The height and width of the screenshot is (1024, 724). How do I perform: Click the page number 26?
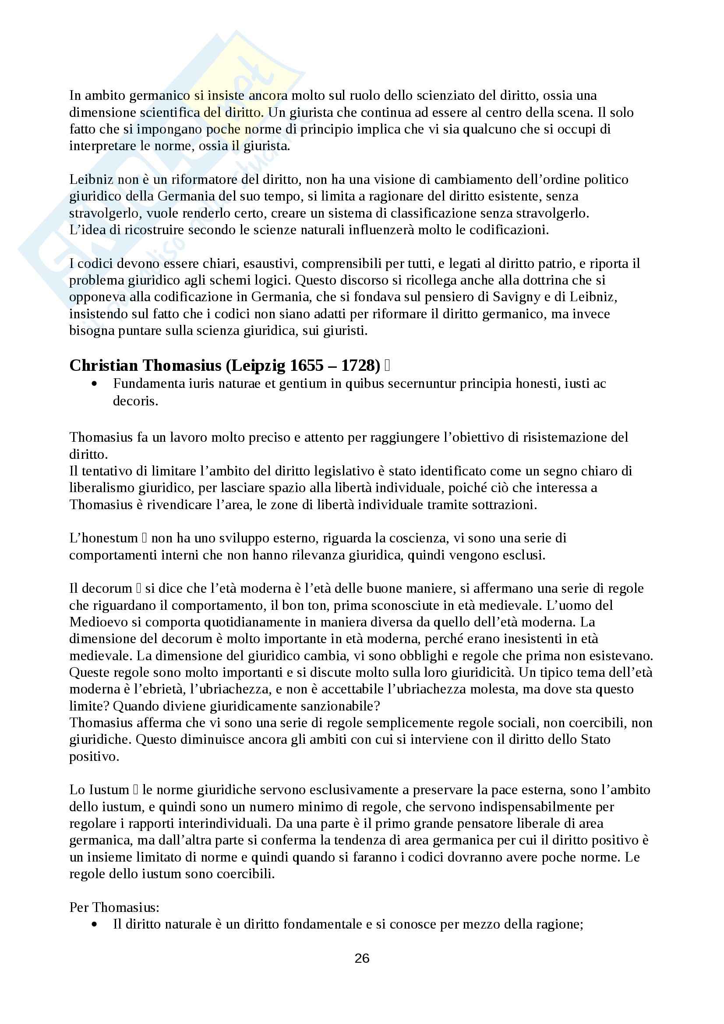(362, 958)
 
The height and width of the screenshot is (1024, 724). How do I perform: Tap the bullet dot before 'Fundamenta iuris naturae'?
(94, 384)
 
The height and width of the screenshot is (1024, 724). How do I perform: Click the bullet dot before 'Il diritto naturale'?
(94, 924)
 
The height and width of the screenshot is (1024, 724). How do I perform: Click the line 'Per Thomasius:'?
(114, 907)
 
